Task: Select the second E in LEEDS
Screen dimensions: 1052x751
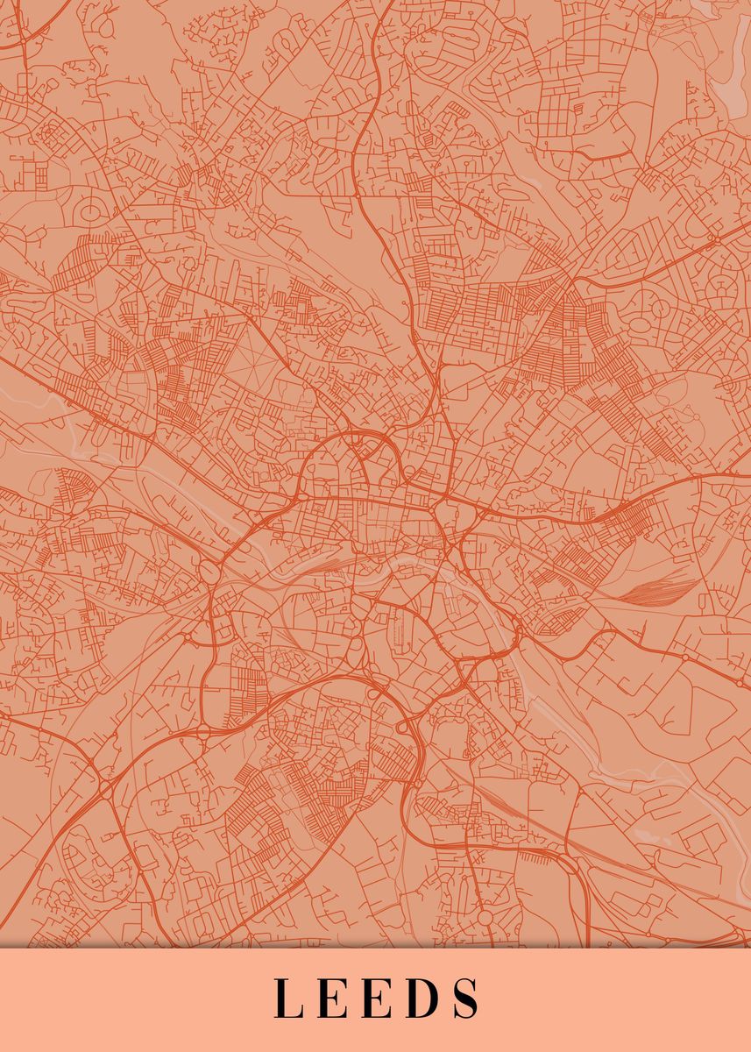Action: [x=376, y=998]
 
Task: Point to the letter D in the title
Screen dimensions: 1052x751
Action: [x=421, y=998]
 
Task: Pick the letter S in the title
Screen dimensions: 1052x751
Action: [x=466, y=998]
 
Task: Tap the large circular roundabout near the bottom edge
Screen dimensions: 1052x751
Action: [x=485, y=917]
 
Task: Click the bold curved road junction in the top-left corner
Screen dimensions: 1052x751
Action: [x=35, y=22]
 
